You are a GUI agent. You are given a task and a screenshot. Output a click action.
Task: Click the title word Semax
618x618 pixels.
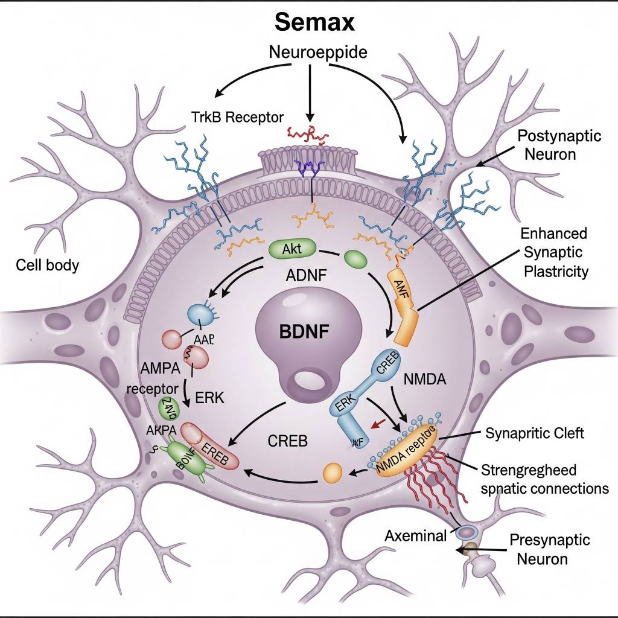(314, 23)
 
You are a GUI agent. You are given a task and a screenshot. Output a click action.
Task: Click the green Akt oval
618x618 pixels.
(291, 247)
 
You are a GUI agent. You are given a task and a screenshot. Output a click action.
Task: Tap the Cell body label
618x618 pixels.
(48, 265)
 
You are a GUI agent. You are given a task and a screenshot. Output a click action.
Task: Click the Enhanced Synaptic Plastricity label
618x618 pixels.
(553, 252)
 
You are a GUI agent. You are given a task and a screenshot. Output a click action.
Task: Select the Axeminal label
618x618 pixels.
(416, 535)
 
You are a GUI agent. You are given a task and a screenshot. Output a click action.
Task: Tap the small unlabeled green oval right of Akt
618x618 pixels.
(356, 258)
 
